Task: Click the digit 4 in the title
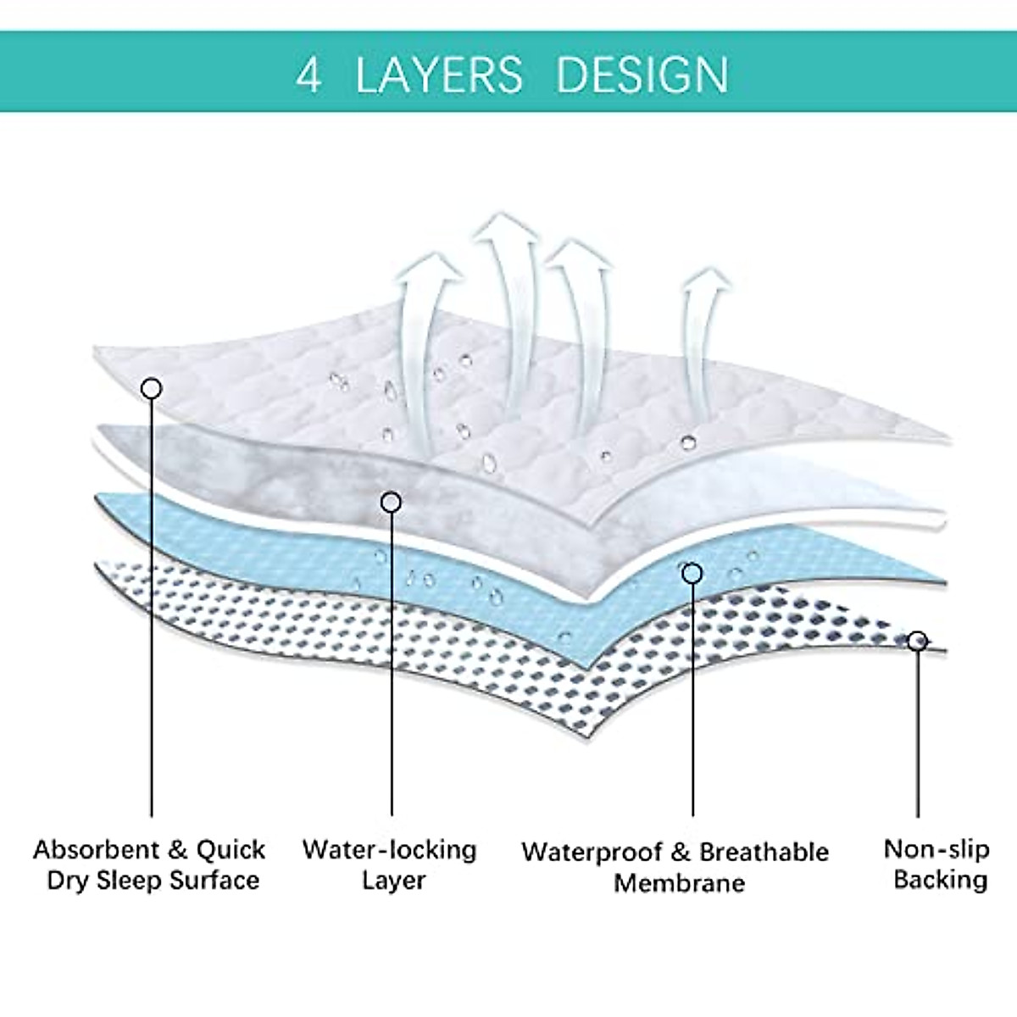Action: pyautogui.click(x=308, y=75)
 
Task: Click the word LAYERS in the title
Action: pyautogui.click(x=438, y=75)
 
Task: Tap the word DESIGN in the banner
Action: pyautogui.click(x=642, y=75)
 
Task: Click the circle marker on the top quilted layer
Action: pyautogui.click(x=152, y=389)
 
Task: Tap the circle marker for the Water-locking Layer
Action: pyautogui.click(x=391, y=503)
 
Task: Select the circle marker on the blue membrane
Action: pyautogui.click(x=692, y=574)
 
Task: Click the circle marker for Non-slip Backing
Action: pyautogui.click(x=917, y=641)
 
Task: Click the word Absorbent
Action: pyautogui.click(x=97, y=849)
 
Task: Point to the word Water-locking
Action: pyautogui.click(x=389, y=849)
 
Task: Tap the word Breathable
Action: pyautogui.click(x=764, y=852)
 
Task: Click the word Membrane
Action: pyautogui.click(x=679, y=883)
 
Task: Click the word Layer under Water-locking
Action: pyautogui.click(x=392, y=881)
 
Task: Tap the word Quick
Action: pyautogui.click(x=231, y=849)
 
